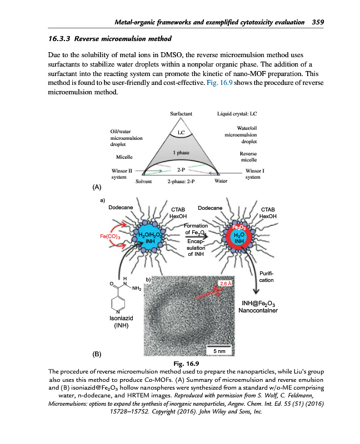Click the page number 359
[317, 22]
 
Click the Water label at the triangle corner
[221, 181]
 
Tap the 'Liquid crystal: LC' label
[237, 114]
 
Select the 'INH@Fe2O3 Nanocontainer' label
[257, 307]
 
